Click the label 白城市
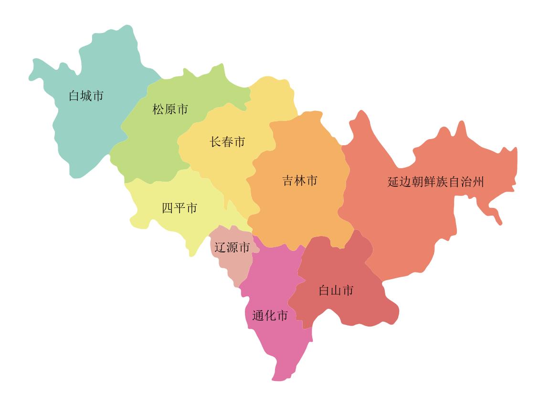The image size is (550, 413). click(86, 96)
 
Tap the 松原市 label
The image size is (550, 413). click(170, 109)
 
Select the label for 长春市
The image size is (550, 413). click(227, 142)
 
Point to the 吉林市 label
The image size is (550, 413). click(300, 181)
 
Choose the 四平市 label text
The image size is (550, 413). click(180, 208)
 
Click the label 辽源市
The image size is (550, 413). click(232, 248)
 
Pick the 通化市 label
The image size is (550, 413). click(270, 316)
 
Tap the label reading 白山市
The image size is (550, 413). click(336, 291)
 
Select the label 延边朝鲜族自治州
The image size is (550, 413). click(435, 182)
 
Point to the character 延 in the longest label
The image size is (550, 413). click(393, 182)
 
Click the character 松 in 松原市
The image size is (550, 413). click(158, 109)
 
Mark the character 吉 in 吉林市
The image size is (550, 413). click(288, 181)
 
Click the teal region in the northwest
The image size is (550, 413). click(95, 129)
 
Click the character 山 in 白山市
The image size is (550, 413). click(336, 291)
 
